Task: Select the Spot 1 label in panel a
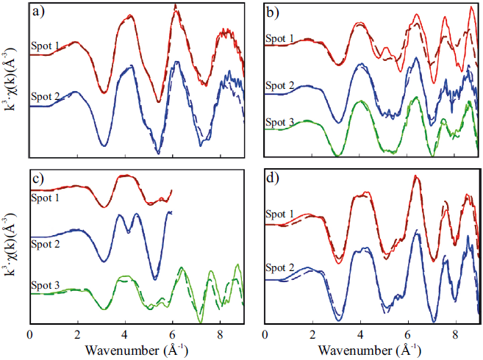[x=45, y=46]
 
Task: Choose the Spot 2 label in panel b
[x=281, y=87]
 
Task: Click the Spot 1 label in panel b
[x=281, y=37]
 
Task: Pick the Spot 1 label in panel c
[x=46, y=197]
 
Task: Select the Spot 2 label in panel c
[x=46, y=237]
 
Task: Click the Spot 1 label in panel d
[x=282, y=215]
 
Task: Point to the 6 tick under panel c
[x=173, y=335]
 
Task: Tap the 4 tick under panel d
[x=360, y=335]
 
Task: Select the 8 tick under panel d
[x=456, y=335]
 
